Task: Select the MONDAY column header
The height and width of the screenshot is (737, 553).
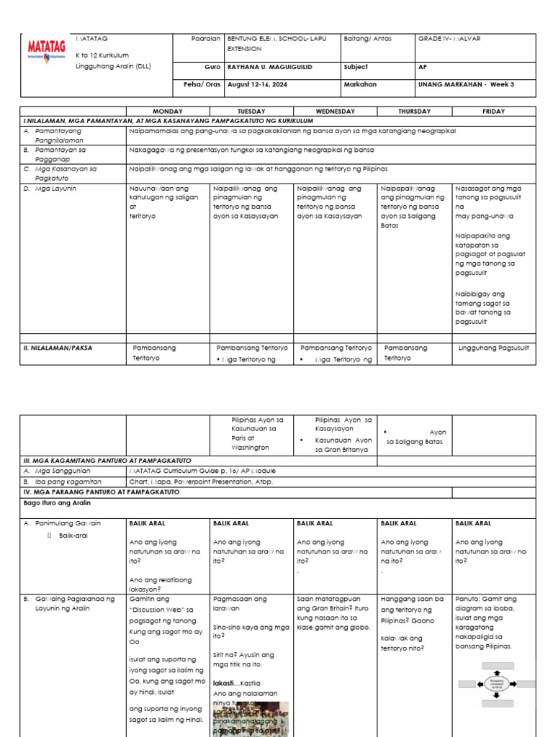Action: click(168, 112)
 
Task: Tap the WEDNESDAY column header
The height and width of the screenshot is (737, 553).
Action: click(336, 112)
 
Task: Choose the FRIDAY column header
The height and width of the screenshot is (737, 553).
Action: click(494, 112)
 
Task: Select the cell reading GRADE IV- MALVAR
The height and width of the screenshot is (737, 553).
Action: click(449, 39)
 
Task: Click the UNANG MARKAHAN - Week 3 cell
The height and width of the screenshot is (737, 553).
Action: click(465, 84)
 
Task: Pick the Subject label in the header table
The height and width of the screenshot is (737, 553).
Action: click(356, 67)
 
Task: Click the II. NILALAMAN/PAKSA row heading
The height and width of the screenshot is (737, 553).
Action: click(58, 348)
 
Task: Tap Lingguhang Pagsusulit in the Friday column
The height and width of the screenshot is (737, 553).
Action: click(493, 348)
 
